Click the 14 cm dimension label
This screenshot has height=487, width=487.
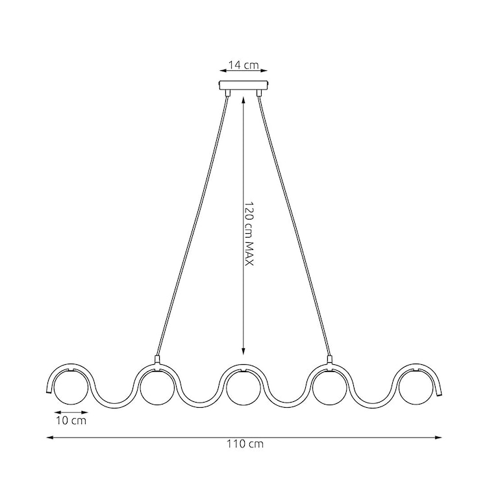point(243,65)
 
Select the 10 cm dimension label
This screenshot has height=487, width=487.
point(70,421)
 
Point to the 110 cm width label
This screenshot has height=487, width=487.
point(245,445)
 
